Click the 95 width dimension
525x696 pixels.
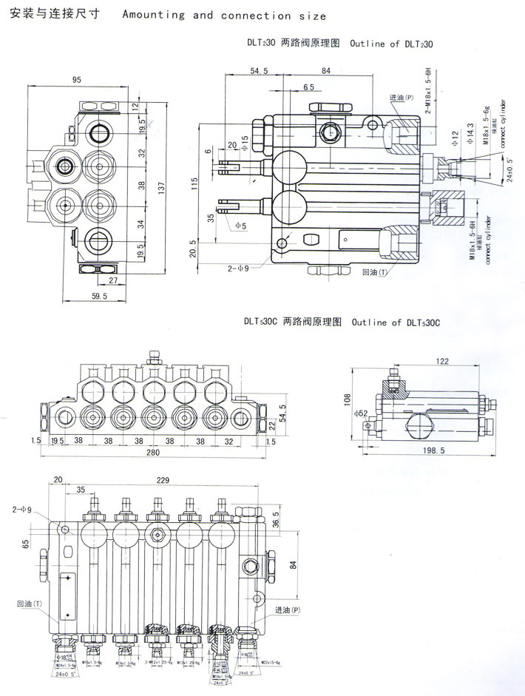point(76,79)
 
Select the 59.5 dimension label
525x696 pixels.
point(98,296)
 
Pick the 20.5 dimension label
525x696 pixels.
point(193,247)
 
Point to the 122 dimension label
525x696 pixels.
point(442,361)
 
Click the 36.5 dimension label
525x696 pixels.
point(276,518)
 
